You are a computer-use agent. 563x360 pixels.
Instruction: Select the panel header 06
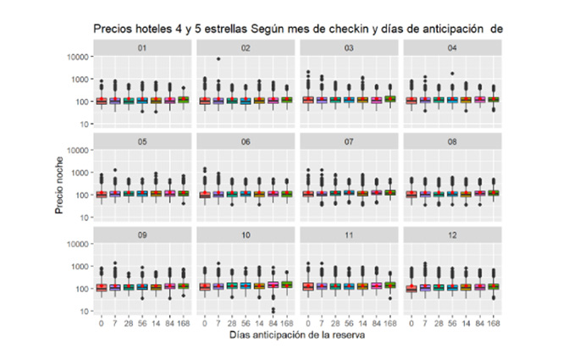246,141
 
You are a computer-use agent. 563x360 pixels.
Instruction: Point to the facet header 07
350,141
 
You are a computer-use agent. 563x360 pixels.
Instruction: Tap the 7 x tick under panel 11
322,323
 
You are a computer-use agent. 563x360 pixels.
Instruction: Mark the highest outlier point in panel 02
218,59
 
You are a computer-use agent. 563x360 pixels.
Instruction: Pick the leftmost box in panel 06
205,194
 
